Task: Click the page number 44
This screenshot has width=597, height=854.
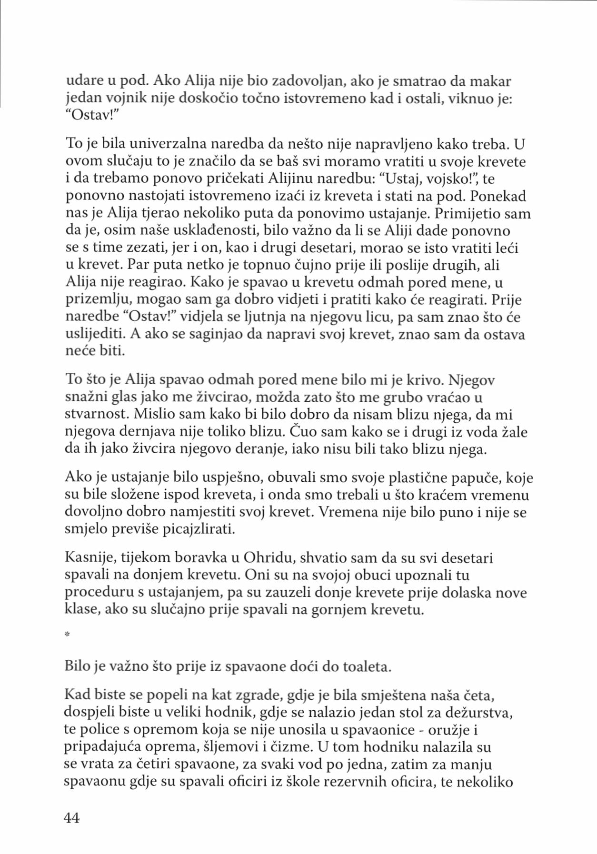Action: tap(72, 818)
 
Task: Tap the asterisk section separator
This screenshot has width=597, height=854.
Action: tap(67, 635)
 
